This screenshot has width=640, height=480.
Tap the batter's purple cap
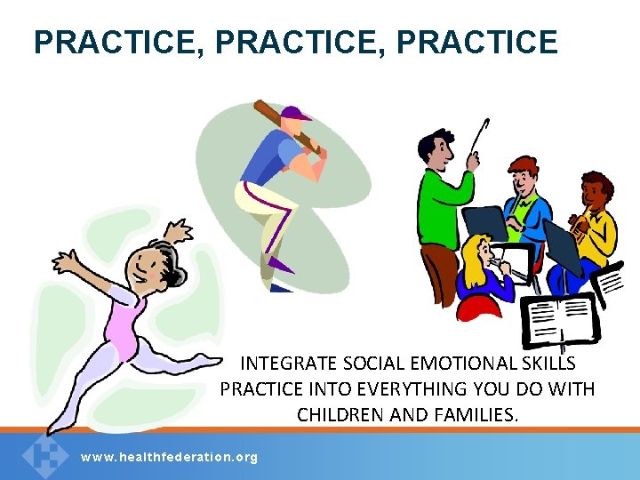(296, 114)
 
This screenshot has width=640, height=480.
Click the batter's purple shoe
(281, 264)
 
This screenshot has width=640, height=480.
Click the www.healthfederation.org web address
(169, 457)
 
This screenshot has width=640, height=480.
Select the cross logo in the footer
(44, 455)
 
